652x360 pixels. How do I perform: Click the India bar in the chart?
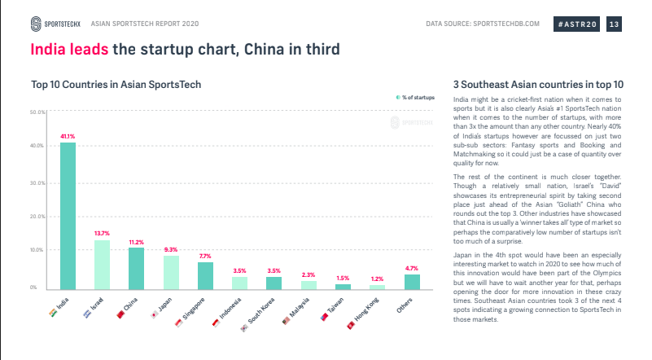point(68,216)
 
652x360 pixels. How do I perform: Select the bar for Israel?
point(102,265)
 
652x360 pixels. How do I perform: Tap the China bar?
point(137,268)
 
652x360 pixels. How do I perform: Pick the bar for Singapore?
point(205,275)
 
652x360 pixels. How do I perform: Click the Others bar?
point(412,281)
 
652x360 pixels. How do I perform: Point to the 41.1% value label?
point(68,136)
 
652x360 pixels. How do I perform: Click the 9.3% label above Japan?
point(171,249)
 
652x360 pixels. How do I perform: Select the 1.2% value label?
point(377,279)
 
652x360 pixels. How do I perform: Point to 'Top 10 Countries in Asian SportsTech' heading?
point(116,84)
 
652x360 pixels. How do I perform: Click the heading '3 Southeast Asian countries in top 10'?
point(538,84)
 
